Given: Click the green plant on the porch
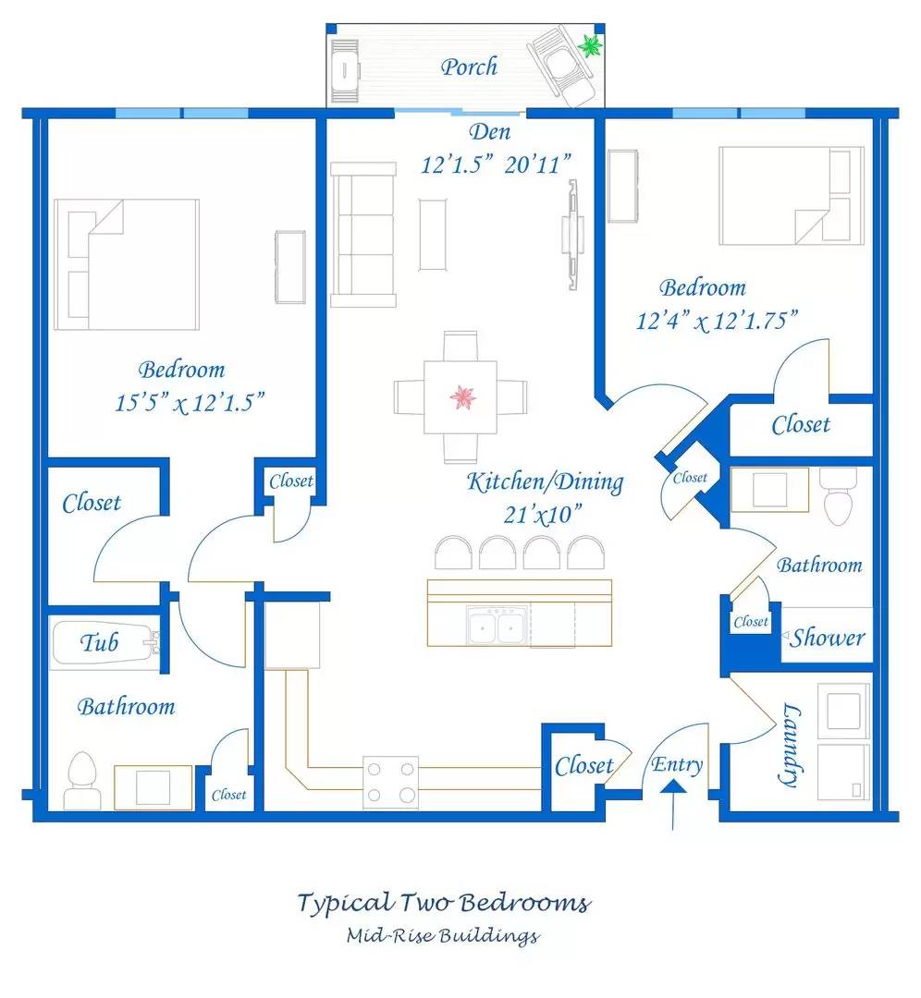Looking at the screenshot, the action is click(x=590, y=45).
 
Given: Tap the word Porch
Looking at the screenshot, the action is click(x=469, y=67).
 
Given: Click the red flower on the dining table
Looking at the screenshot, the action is click(x=463, y=397).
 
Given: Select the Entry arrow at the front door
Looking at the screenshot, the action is click(x=673, y=805).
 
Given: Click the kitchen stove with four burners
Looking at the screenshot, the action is click(x=390, y=783).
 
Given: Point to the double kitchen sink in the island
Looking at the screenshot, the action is click(x=497, y=626).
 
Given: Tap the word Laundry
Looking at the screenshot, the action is click(x=789, y=744).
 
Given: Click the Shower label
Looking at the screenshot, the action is click(x=828, y=637).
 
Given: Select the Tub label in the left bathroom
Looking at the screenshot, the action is click(x=99, y=642).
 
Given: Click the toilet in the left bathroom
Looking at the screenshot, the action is click(x=82, y=781).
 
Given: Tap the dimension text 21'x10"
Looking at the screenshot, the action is click(x=543, y=515).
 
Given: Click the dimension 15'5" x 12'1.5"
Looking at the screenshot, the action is click(x=190, y=403).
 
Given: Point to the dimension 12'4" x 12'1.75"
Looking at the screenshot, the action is click(x=718, y=321).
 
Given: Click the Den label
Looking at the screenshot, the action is click(x=490, y=132).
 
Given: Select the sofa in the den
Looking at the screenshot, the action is click(x=363, y=235).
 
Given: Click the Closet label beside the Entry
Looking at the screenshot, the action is click(x=583, y=766).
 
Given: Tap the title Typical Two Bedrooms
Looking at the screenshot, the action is click(x=444, y=903).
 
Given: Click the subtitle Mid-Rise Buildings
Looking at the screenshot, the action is click(x=443, y=935).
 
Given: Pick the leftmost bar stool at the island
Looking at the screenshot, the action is click(x=453, y=553).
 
